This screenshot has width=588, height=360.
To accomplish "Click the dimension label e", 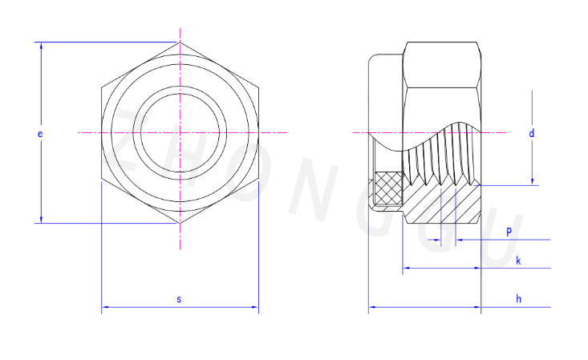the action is pyautogui.click(x=40, y=134).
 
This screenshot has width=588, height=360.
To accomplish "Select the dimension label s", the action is pyautogui.click(x=179, y=299).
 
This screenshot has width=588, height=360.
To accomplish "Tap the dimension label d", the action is pyautogui.click(x=531, y=133).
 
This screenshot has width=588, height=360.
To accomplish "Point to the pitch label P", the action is pyautogui.click(x=509, y=232).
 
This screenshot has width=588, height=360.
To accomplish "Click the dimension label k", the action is pyautogui.click(x=518, y=261).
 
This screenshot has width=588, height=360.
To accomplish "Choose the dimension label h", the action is pyautogui.click(x=519, y=298).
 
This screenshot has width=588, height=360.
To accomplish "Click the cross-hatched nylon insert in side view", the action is pyautogui.click(x=389, y=188).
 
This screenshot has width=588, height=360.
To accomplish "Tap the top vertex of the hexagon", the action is pyautogui.click(x=180, y=42).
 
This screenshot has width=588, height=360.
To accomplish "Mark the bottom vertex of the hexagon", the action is pyautogui.click(x=180, y=224).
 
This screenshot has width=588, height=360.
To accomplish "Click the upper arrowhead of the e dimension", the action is pyautogui.click(x=41, y=46).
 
